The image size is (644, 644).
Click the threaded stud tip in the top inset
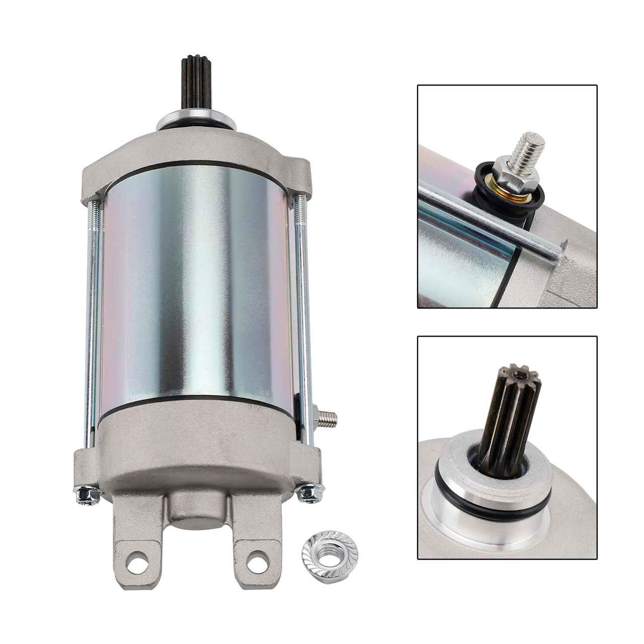coord(529,146)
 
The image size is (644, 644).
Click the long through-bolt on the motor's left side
coord(92,322)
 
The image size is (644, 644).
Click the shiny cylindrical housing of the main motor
coord(196,287)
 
